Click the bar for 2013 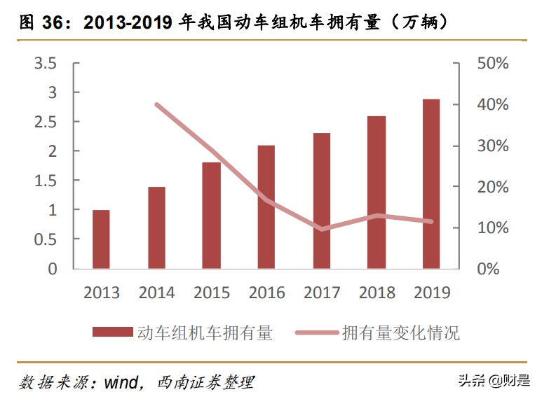(x=102, y=239)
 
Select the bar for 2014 (x=156, y=228)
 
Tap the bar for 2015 (x=212, y=216)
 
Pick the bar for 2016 (x=266, y=207)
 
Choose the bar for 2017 (x=321, y=201)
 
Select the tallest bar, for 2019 (x=431, y=184)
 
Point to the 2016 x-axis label (x=266, y=293)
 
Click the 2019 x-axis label (x=431, y=293)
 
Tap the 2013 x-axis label (x=102, y=293)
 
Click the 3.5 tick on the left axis (x=46, y=64)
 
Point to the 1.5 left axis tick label (x=46, y=181)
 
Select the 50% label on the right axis (x=492, y=64)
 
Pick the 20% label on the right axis (x=492, y=187)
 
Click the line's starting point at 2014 (x=156, y=105)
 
